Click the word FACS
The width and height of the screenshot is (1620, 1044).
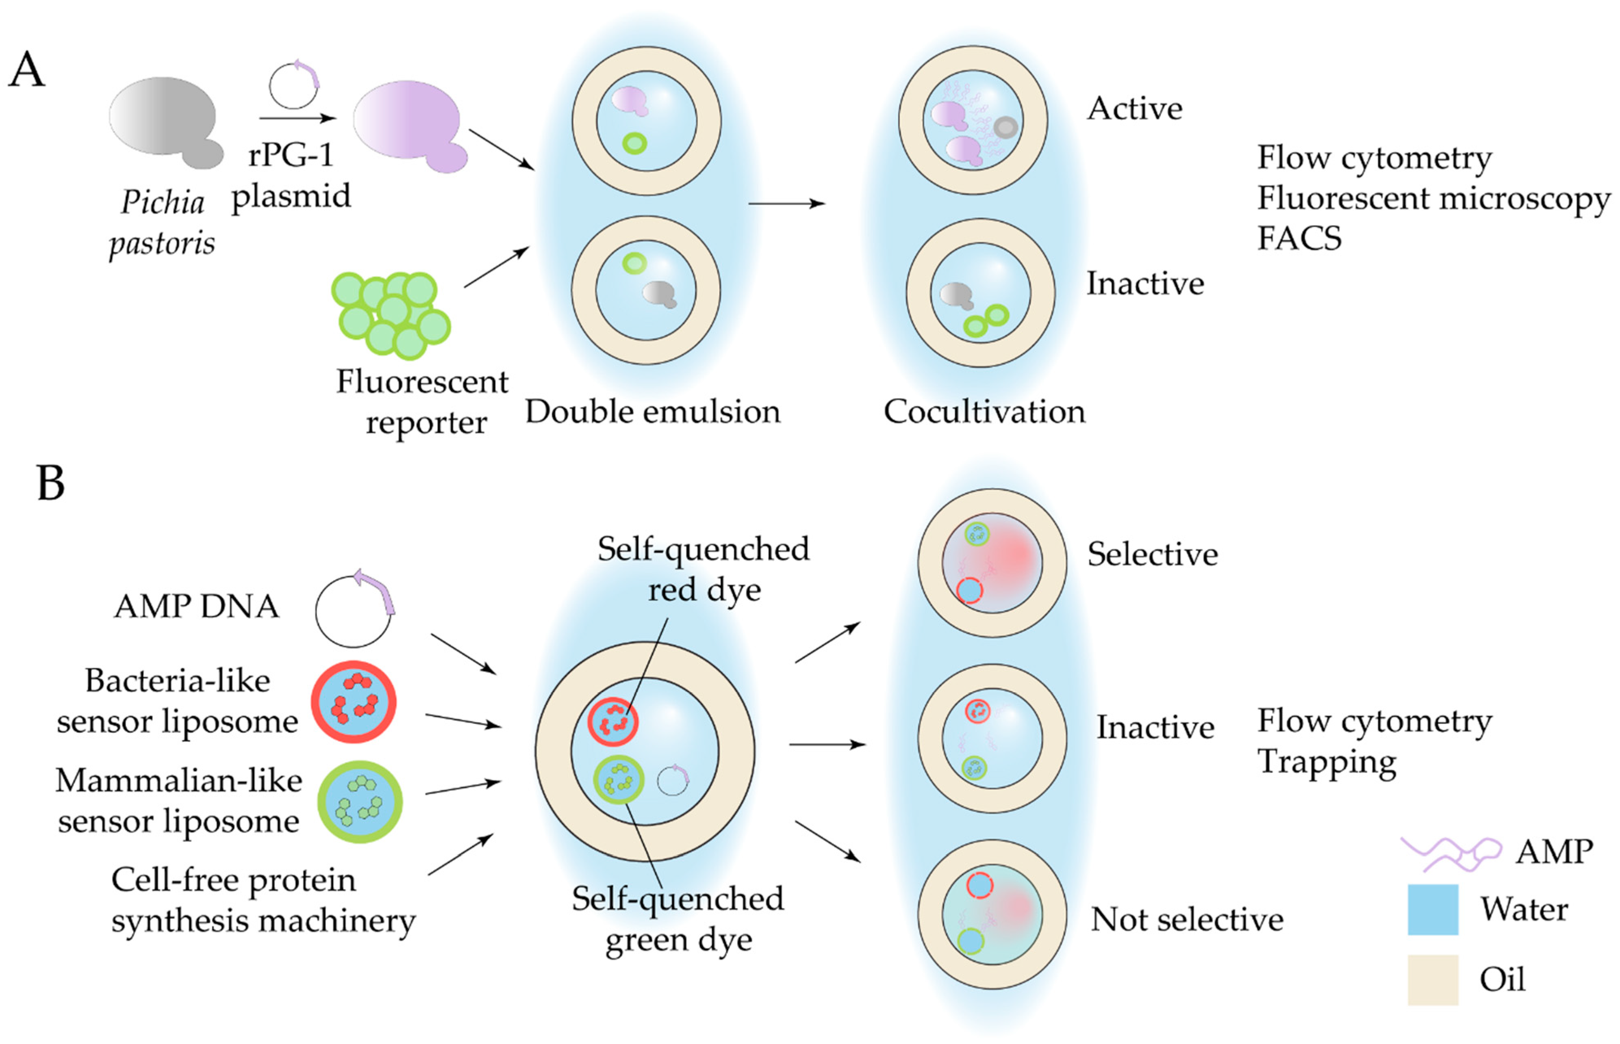1299,238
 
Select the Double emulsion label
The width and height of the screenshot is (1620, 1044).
652,412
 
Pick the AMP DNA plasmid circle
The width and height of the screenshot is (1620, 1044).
353,610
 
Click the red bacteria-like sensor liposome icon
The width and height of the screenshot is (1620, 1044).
353,702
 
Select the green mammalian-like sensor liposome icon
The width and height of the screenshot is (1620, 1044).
360,802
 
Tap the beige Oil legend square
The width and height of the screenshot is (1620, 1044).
1432,979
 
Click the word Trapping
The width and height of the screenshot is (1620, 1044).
1327,762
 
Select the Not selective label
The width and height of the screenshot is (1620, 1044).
1187,920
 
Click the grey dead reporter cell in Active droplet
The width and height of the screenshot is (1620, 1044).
1005,127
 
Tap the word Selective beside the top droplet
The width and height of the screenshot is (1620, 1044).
1152,554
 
